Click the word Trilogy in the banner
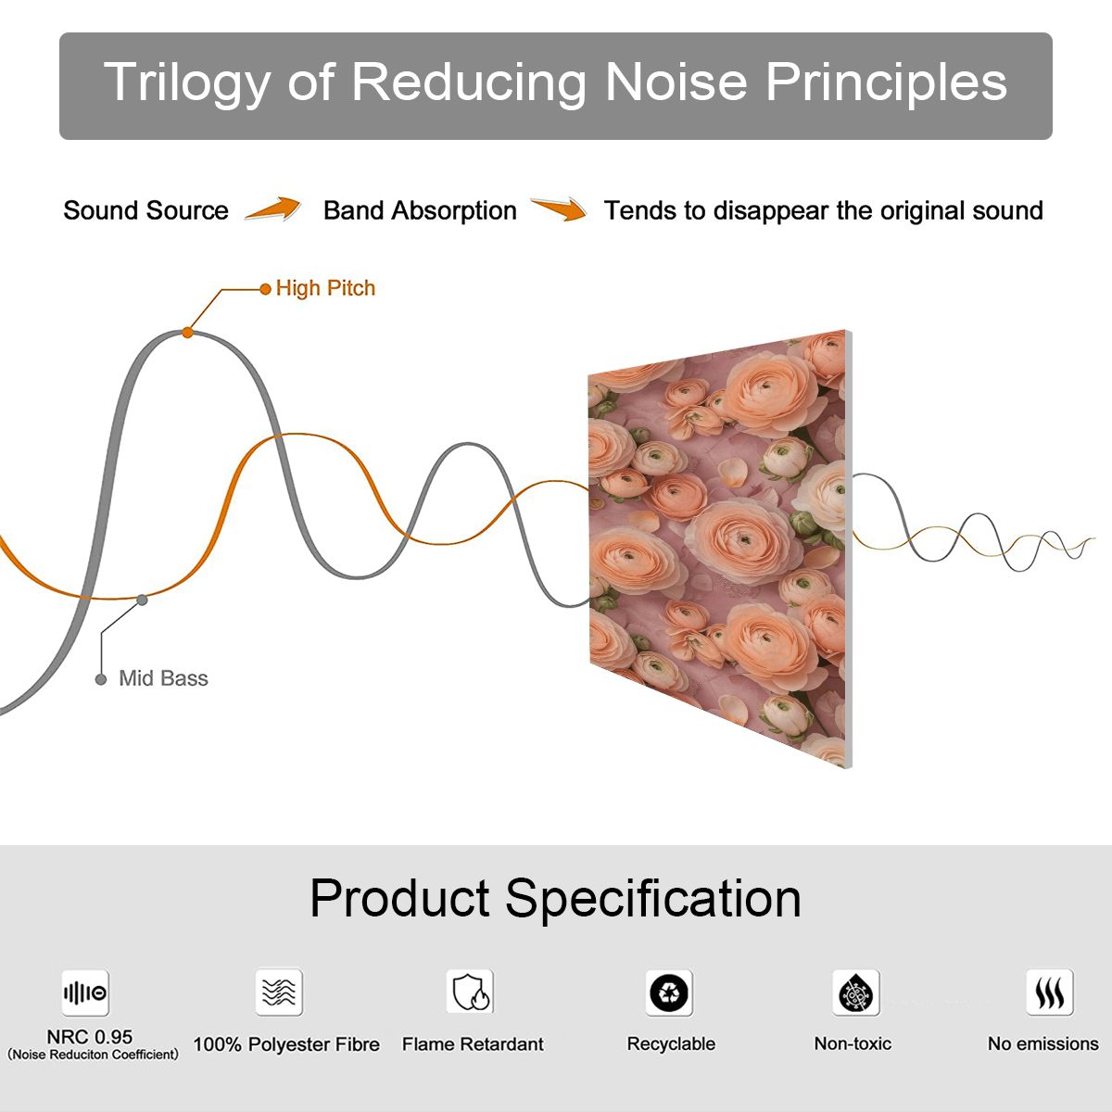click(187, 83)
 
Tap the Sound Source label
click(146, 210)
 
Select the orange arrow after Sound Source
click(273, 208)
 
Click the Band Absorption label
click(420, 210)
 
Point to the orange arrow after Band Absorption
click(559, 208)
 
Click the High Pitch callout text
click(325, 288)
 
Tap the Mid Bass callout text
click(163, 678)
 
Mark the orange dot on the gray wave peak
click(187, 333)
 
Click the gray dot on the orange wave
click(142, 600)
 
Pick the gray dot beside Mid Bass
click(101, 680)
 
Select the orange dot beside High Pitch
click(265, 289)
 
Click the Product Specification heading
click(555, 900)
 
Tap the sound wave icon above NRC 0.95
click(85, 992)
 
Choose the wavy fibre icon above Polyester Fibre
click(279, 992)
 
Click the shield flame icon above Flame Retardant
click(471, 992)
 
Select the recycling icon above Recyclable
click(669, 992)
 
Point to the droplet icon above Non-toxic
click(856, 992)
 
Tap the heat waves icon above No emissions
click(1050, 992)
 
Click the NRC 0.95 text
click(90, 1037)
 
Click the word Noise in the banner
click(676, 82)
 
